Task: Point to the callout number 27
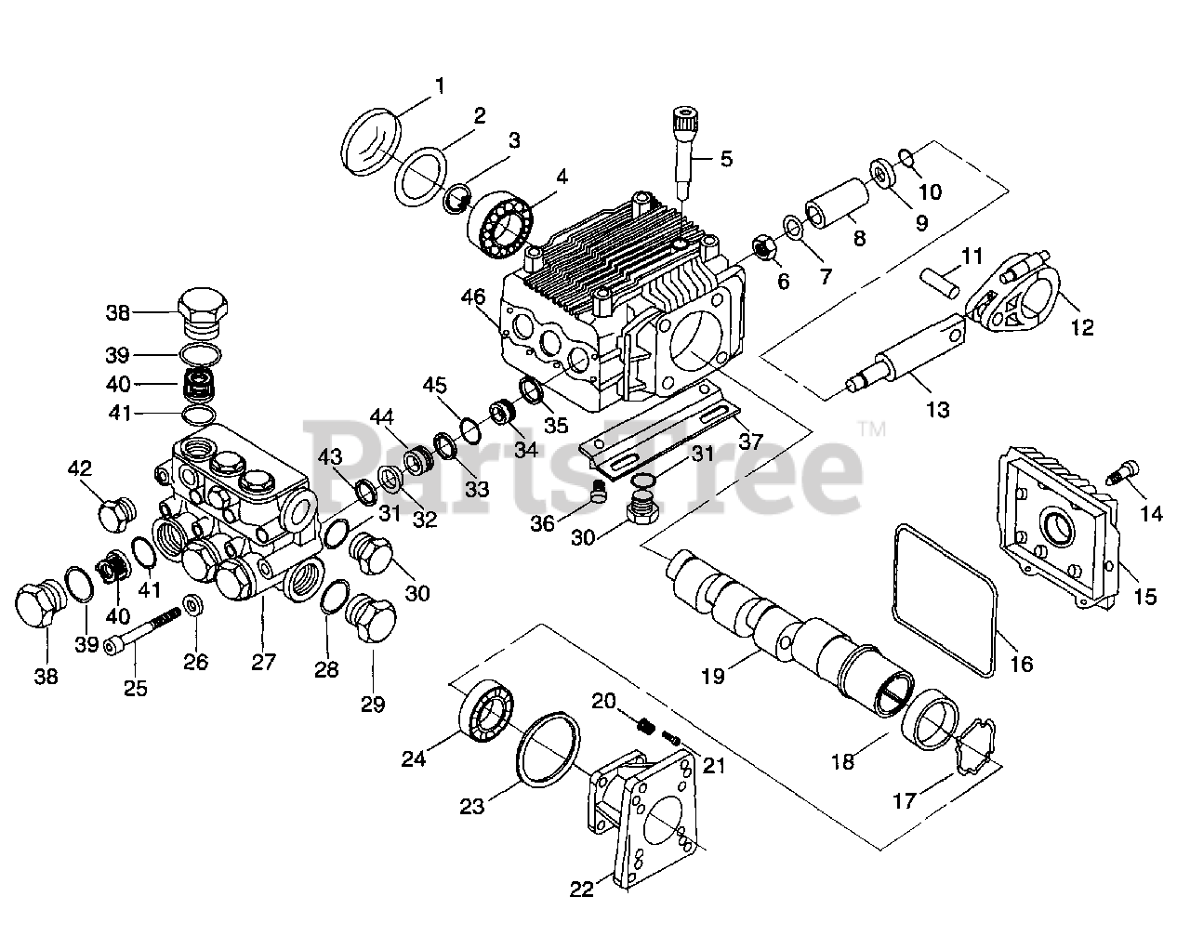tap(264, 663)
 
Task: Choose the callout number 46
tap(473, 297)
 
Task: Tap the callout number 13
tap(938, 409)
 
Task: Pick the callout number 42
tap(79, 468)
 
